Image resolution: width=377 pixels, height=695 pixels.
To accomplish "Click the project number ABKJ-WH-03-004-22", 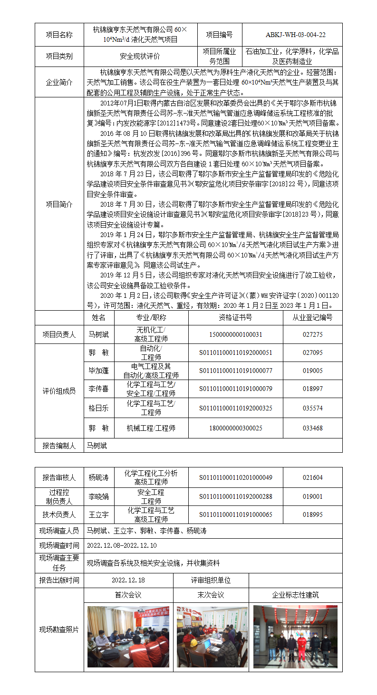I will [292, 35].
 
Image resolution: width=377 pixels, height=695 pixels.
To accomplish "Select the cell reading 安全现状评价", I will [140, 56].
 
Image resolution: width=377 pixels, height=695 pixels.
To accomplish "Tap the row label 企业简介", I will [59, 82].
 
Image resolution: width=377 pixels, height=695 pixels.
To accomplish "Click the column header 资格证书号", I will [235, 317].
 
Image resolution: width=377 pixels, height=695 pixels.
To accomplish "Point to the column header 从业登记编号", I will [312, 317].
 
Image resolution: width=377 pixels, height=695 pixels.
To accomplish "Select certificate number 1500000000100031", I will [235, 334].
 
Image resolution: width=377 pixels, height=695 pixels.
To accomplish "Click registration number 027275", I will [312, 334].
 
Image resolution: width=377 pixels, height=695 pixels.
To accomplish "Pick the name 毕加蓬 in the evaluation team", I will [98, 371].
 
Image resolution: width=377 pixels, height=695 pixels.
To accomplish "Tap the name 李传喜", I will [98, 389].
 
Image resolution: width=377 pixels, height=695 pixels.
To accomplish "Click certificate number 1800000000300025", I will [235, 428].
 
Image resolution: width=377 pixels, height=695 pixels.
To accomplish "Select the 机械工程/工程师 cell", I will [151, 428].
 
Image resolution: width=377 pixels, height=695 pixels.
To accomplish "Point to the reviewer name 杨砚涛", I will [98, 477].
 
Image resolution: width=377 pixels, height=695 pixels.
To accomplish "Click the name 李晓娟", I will [98, 497].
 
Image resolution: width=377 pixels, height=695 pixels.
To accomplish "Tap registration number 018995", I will [312, 514].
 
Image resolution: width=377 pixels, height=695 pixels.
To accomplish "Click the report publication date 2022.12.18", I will [128, 580].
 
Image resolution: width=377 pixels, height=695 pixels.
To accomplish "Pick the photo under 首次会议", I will [128, 637].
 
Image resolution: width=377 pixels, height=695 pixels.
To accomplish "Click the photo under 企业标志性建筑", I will [295, 637].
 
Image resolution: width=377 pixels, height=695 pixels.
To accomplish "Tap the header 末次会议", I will [211, 595].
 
